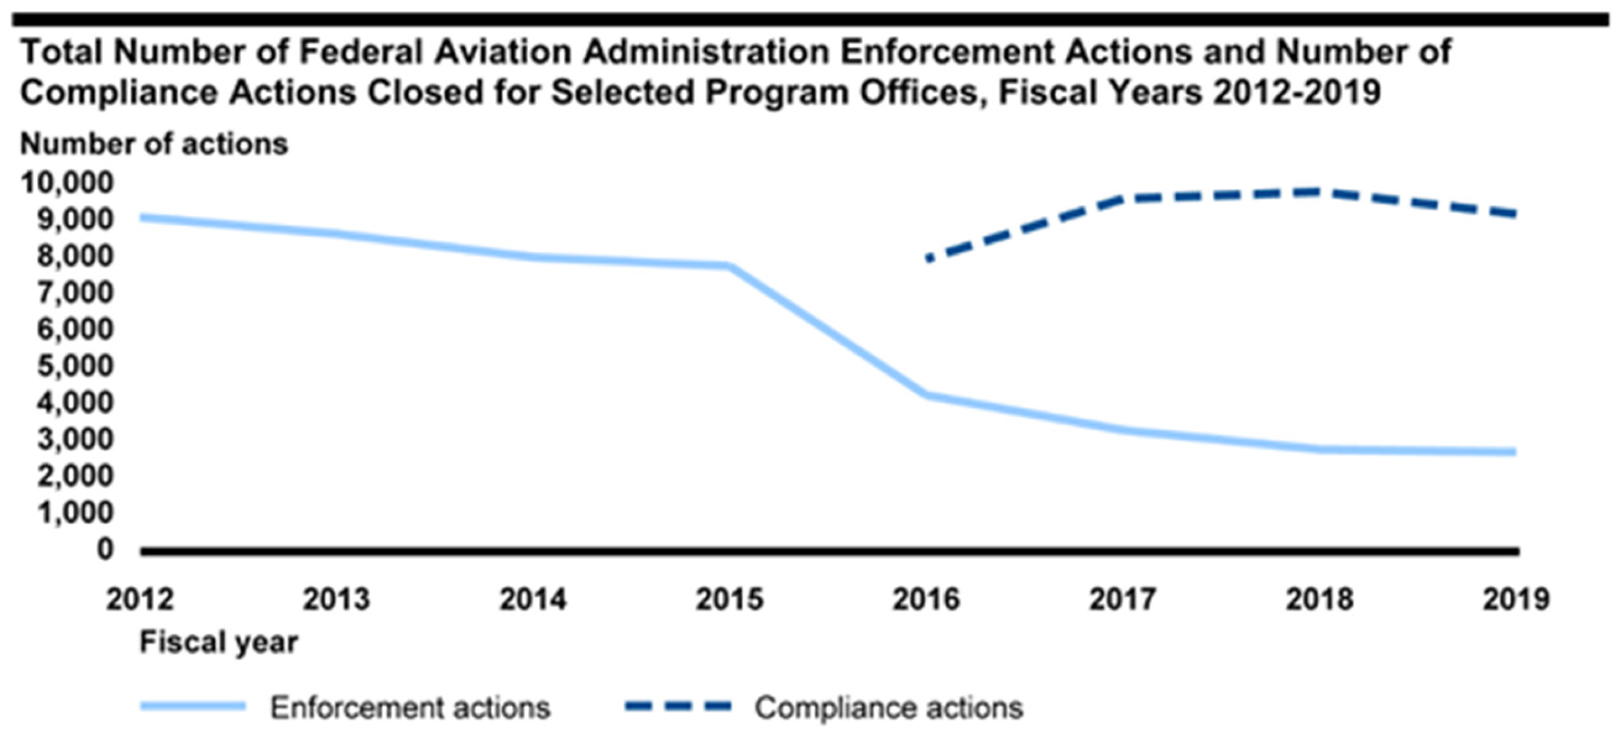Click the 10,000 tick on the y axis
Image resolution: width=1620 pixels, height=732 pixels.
(67, 183)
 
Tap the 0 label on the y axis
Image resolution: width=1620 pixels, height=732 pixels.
(105, 549)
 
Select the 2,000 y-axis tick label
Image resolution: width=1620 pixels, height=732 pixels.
(75, 476)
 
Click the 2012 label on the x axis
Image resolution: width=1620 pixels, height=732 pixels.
(140, 599)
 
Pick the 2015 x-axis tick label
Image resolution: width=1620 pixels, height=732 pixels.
(729, 599)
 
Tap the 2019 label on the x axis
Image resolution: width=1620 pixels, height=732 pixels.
(1516, 599)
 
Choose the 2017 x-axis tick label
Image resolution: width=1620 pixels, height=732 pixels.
(1123, 599)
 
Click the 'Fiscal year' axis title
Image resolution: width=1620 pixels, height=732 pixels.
(219, 642)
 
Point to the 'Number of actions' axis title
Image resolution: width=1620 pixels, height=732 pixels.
(154, 144)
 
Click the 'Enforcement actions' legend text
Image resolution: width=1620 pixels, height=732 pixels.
(410, 708)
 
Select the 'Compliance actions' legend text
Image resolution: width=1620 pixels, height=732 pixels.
(889, 708)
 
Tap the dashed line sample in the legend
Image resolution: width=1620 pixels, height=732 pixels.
(678, 706)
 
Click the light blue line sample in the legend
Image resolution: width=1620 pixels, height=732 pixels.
(192, 706)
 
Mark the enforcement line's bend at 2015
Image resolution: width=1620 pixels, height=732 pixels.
(730, 266)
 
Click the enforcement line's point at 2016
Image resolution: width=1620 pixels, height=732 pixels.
(926, 395)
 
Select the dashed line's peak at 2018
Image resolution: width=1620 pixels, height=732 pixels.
(1319, 192)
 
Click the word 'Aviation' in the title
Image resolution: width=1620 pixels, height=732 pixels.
(503, 52)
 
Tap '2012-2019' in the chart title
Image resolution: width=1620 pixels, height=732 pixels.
(1297, 92)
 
